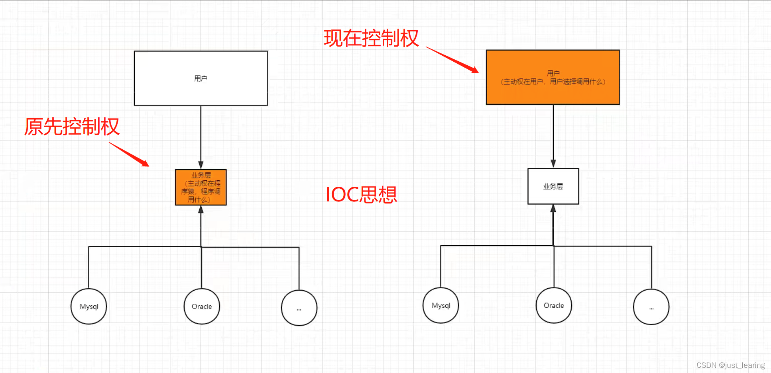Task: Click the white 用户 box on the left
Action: point(201,78)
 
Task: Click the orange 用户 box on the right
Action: point(553,77)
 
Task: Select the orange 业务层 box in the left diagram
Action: point(201,187)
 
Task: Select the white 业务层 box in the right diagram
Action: point(553,186)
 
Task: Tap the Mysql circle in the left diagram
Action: point(89,306)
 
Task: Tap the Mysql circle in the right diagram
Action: point(441,305)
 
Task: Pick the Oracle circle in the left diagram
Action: point(202,306)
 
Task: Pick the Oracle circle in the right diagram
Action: point(554,305)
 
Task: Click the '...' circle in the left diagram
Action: point(299,308)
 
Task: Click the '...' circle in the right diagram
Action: point(651,307)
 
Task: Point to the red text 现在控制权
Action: point(371,38)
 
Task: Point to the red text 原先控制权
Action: point(72,127)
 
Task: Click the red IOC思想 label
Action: point(361,195)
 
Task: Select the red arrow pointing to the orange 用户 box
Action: point(452,60)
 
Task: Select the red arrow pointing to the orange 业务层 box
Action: point(129,154)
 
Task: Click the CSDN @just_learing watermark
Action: point(730,365)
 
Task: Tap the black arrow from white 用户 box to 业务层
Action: point(201,135)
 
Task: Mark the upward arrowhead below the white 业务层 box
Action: point(553,209)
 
